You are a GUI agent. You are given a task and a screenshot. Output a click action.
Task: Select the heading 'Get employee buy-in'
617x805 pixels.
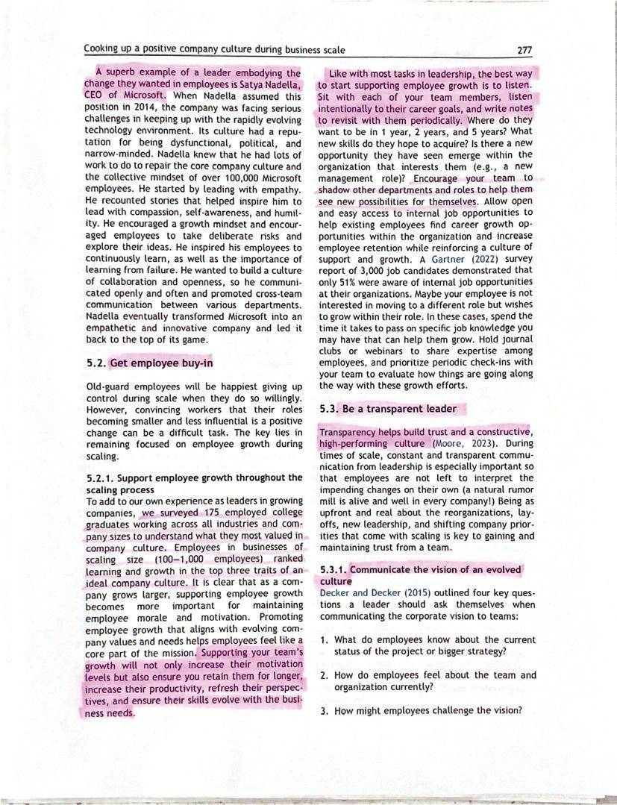(x=161, y=363)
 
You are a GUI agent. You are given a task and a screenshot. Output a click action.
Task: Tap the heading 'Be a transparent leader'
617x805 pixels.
(x=399, y=409)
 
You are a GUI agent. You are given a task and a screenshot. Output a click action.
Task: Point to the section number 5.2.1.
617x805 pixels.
(x=101, y=477)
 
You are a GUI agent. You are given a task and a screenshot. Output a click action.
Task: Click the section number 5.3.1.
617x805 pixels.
(x=333, y=570)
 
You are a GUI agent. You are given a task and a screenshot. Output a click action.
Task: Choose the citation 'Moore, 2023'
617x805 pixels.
(x=466, y=443)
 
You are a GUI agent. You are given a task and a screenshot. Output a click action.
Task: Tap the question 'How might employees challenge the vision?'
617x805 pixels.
(x=427, y=710)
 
